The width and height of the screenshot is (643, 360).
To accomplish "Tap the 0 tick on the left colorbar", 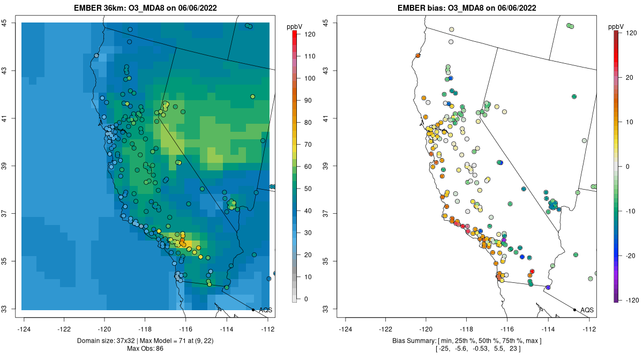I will pos(305,299).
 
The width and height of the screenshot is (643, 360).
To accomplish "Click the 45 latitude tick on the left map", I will pos(4,23).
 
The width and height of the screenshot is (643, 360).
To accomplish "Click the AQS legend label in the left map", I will pos(265,310).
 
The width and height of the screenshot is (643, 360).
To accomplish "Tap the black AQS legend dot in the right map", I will pos(574,310).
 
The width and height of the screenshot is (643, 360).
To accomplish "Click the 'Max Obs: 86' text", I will pos(145,349).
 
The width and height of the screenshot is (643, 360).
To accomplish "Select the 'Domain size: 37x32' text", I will pos(108,341).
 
